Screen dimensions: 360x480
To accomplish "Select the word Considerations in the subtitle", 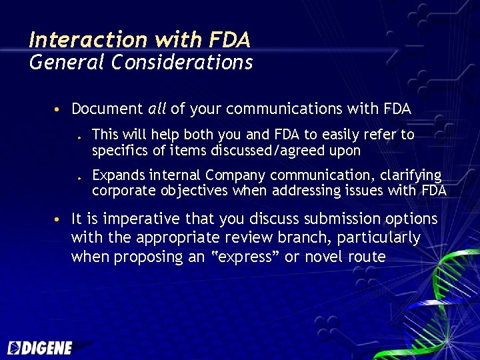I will pyautogui.click(x=182, y=63).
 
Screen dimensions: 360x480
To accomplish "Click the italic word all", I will pyautogui.click(x=157, y=109).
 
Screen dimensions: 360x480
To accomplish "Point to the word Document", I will pyautogui.click(x=107, y=109).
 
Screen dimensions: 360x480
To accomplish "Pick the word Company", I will pyautogui.click(x=234, y=175).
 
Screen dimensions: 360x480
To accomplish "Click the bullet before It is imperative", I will pyautogui.click(x=59, y=219).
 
